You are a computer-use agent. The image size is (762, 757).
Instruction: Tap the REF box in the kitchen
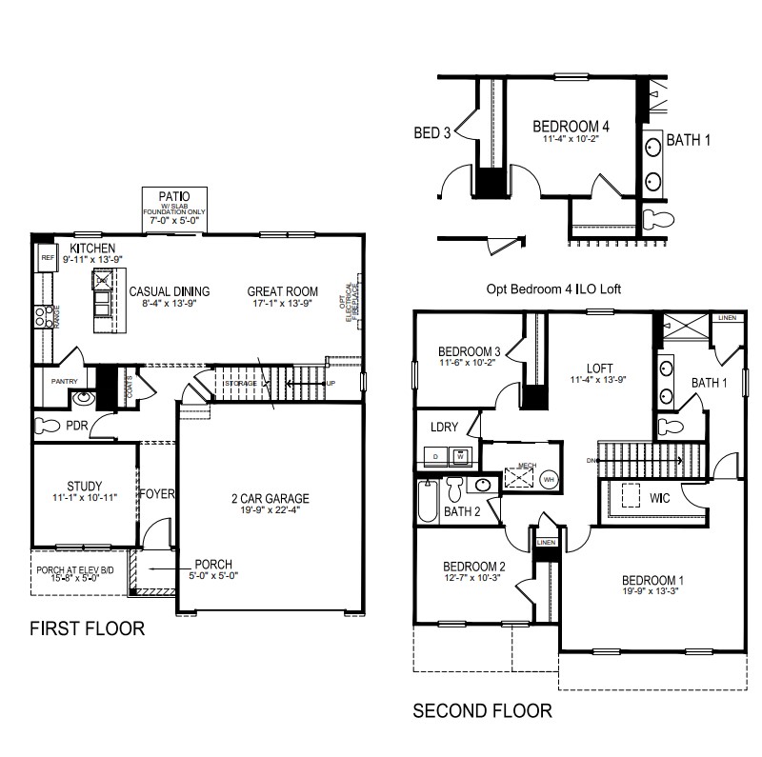(46, 257)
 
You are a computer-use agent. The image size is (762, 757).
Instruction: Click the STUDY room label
(84, 487)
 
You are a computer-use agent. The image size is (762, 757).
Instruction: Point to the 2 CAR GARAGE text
(271, 498)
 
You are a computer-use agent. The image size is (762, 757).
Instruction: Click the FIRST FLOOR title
(87, 628)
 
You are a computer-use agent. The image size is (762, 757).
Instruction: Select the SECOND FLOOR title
(481, 710)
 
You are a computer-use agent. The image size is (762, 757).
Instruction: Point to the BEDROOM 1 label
(653, 581)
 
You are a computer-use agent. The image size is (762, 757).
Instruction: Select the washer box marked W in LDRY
(461, 456)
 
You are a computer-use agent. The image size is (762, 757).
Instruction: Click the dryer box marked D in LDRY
(436, 456)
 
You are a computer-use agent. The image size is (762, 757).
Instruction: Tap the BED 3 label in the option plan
(432, 132)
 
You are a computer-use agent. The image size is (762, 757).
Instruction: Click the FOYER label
(158, 494)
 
